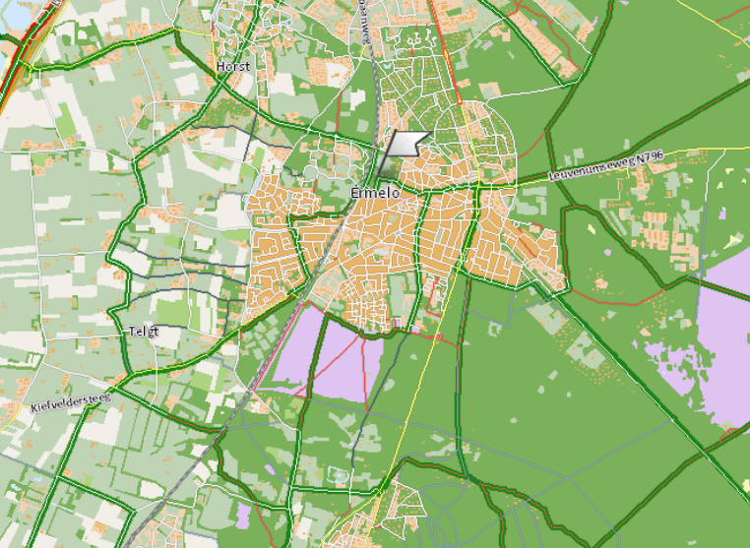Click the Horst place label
(x=233, y=66)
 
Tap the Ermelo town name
(x=375, y=194)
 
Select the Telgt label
(x=143, y=332)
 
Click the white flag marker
(x=406, y=144)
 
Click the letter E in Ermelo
(x=355, y=194)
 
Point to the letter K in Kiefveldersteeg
(x=32, y=408)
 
